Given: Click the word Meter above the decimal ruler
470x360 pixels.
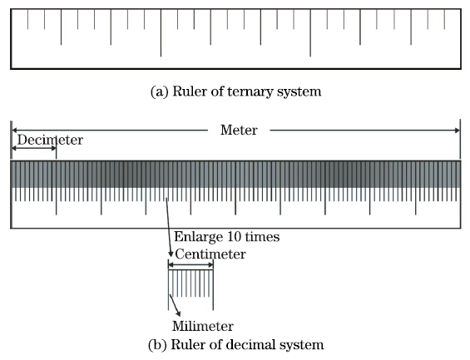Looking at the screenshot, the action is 239,130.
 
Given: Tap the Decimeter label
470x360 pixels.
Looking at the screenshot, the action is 50,140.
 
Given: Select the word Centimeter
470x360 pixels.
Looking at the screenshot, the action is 210,254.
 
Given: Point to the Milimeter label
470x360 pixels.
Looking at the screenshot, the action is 203,326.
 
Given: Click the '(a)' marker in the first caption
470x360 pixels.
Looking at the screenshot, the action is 159,91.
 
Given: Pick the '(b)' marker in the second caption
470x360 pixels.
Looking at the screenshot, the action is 157,345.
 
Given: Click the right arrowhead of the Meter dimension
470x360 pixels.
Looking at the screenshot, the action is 458,131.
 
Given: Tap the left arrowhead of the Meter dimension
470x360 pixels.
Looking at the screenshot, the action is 14,131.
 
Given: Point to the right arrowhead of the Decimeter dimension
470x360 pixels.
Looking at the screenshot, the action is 54,148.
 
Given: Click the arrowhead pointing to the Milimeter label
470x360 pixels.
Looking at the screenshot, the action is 179,313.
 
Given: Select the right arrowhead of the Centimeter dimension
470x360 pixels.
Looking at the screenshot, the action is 210,264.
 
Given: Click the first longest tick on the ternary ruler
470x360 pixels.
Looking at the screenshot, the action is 161,32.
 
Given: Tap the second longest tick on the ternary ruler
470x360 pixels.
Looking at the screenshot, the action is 310,32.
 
